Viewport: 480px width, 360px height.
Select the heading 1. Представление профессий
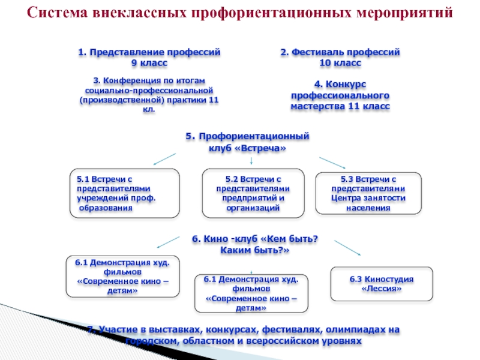coord(149,53)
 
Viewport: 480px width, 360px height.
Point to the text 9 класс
coord(149,62)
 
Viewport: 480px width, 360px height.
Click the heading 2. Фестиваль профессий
coord(340,53)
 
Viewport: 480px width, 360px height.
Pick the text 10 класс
coord(340,62)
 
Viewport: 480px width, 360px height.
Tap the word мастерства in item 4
coord(318,106)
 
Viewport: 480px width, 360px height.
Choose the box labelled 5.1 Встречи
coord(124,193)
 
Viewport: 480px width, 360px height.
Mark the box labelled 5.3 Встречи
coord(368,193)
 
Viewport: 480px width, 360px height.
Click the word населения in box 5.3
coord(368,208)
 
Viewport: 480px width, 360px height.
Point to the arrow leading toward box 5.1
coord(164,159)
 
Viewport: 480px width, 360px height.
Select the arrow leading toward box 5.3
coord(332,163)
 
